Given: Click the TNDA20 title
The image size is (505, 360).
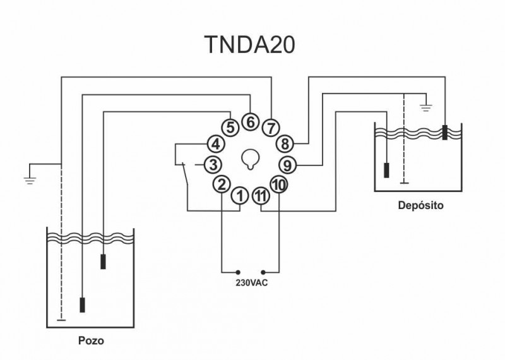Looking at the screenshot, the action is point(249,44).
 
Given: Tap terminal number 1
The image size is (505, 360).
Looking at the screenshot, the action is point(240,196).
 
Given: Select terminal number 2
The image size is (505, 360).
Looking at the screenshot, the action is point(222,184).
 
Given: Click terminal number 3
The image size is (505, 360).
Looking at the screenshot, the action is point(213,165).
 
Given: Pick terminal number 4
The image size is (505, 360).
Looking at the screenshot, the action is point(216,144).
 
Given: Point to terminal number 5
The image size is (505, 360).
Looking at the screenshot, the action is point(230,128).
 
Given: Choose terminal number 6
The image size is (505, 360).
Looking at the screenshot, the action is point(250,122).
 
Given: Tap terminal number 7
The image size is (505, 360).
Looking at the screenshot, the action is point(271,128).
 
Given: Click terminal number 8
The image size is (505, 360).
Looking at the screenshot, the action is point(285,144).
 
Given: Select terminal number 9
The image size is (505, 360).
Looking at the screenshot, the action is point(287,165).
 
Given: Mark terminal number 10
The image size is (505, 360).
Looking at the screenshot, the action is point(279,184).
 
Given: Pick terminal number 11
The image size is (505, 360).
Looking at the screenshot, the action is point(261,196).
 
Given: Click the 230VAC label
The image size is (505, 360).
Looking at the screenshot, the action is point(251,283).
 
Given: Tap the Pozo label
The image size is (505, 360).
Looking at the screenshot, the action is point(91,340).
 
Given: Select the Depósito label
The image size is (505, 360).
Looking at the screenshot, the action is point(420,205).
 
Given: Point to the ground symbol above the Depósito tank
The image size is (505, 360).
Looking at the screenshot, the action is point(425,107).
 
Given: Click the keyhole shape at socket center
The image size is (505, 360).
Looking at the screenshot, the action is point(250,159).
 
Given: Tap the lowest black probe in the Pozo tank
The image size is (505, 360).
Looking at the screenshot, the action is point(83,305).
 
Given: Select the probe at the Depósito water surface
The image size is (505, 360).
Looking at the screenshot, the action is point(445,132).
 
